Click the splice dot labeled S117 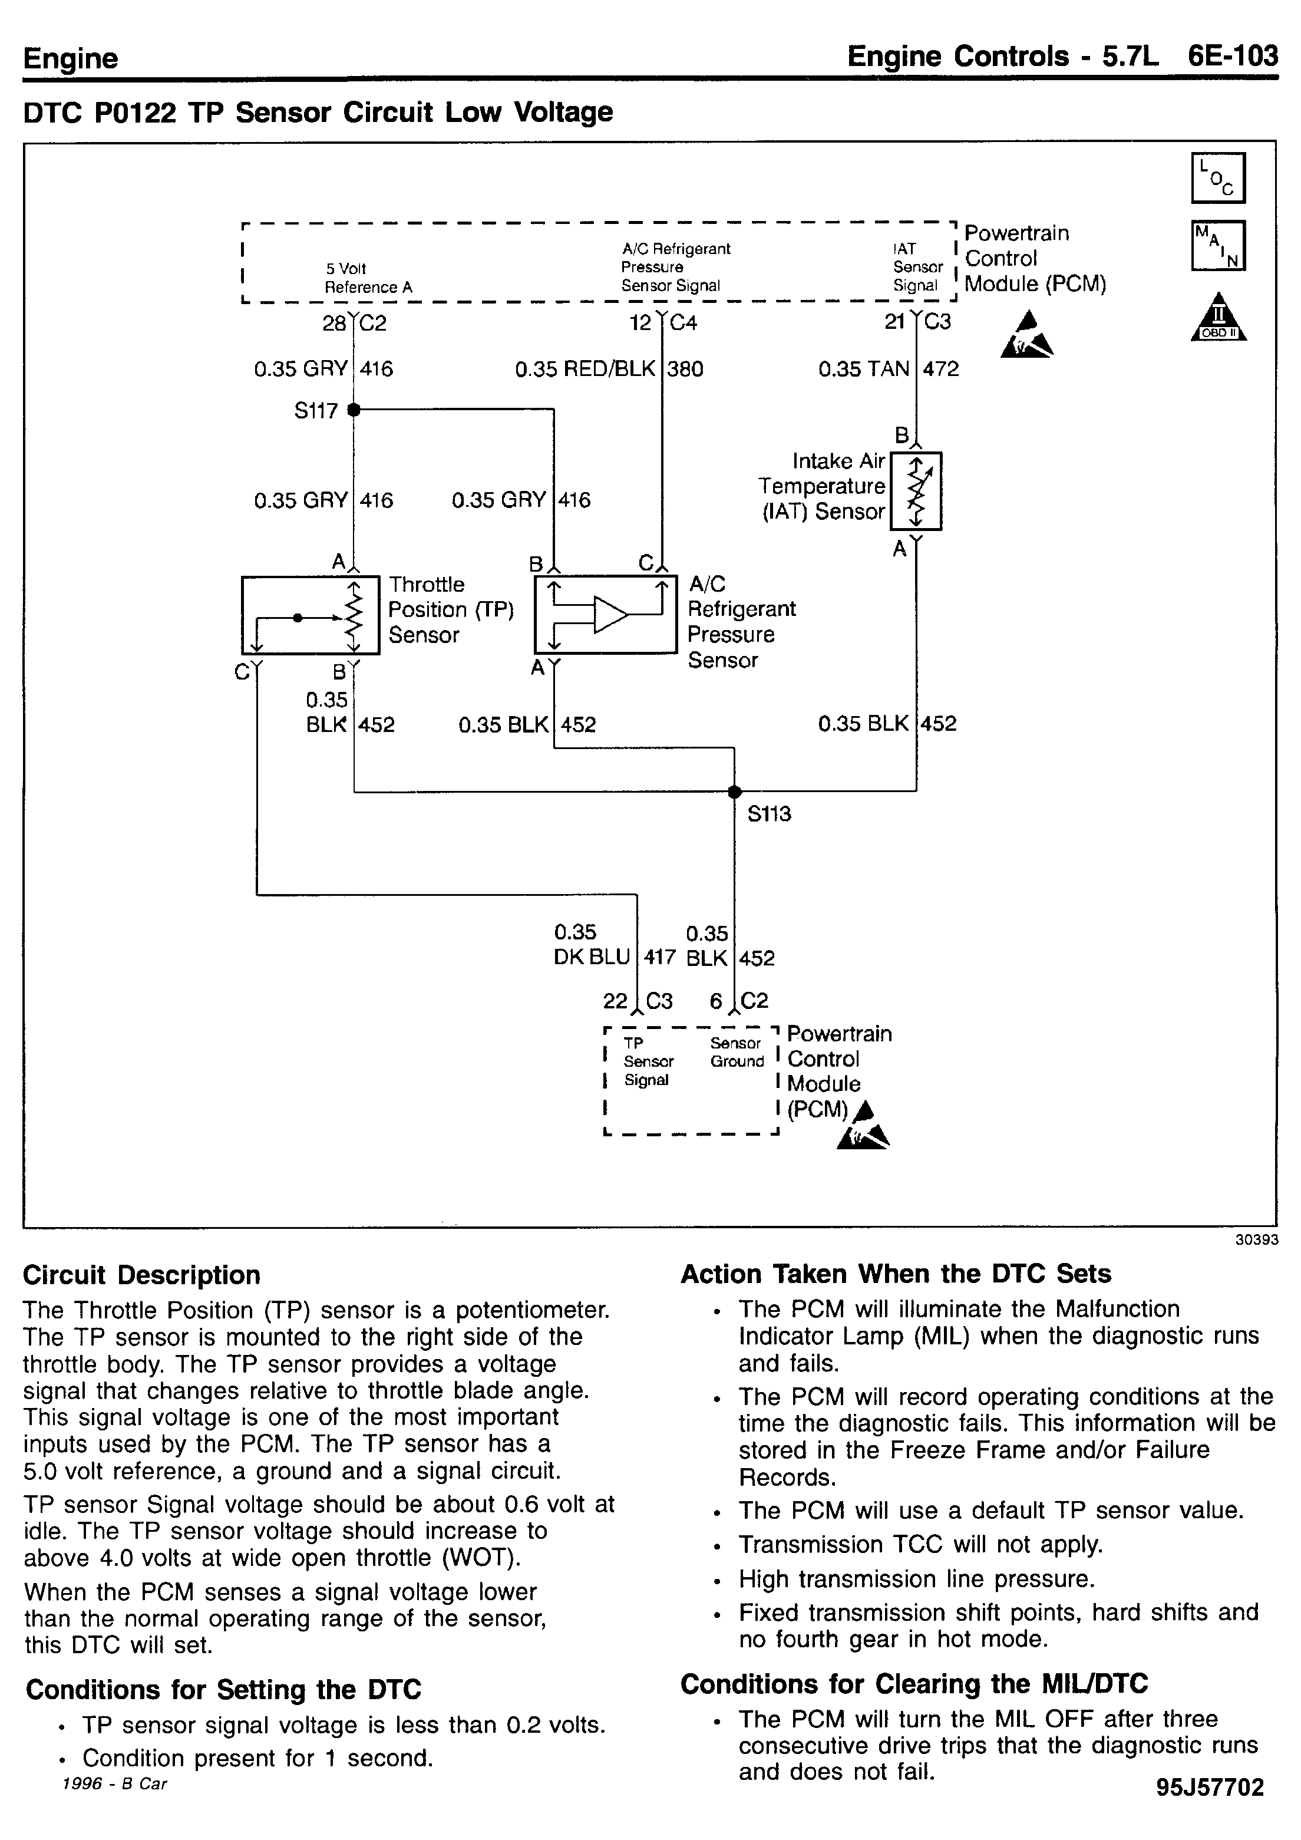pyautogui.click(x=354, y=410)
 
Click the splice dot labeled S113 pyautogui.click(x=734, y=792)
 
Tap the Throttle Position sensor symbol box pyautogui.click(x=310, y=615)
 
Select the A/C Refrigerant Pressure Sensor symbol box pyautogui.click(x=606, y=615)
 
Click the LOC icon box pyautogui.click(x=1218, y=178)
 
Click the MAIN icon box pyautogui.click(x=1218, y=246)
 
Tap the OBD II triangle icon pyautogui.click(x=1219, y=318)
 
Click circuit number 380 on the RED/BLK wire pyautogui.click(x=686, y=370)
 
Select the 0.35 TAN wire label pyautogui.click(x=864, y=370)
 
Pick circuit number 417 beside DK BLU pyautogui.click(x=660, y=958)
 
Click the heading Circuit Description pyautogui.click(x=142, y=1275)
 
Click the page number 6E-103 pyautogui.click(x=1233, y=56)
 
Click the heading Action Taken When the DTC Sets pyautogui.click(x=896, y=1274)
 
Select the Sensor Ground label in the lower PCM pyautogui.click(x=737, y=1052)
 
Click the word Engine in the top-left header pyautogui.click(x=71, y=58)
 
